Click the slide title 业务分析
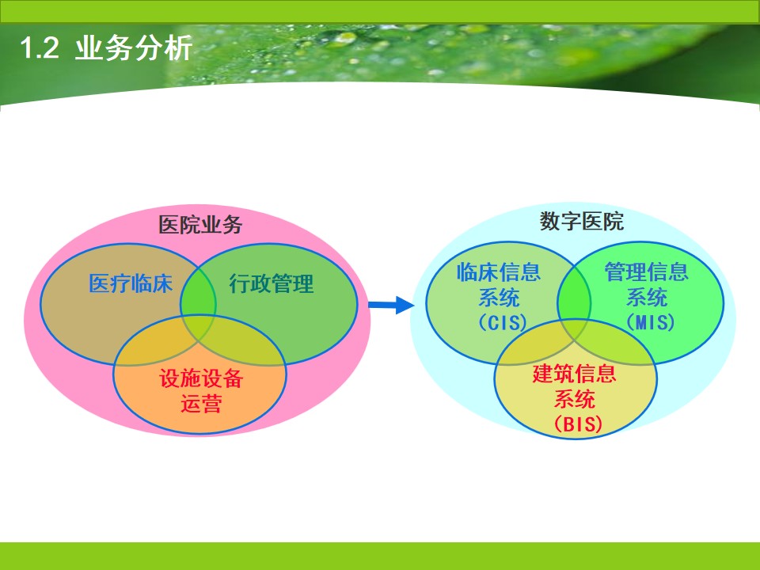133,49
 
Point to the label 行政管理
272,283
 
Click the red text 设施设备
200,379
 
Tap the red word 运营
200,405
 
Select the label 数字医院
582,222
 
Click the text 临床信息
499,273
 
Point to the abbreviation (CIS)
499,323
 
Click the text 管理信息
647,273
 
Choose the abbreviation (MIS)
647,323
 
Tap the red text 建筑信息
575,374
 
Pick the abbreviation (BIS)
575,424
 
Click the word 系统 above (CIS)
499,298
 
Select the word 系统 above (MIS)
647,298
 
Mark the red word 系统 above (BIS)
575,399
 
